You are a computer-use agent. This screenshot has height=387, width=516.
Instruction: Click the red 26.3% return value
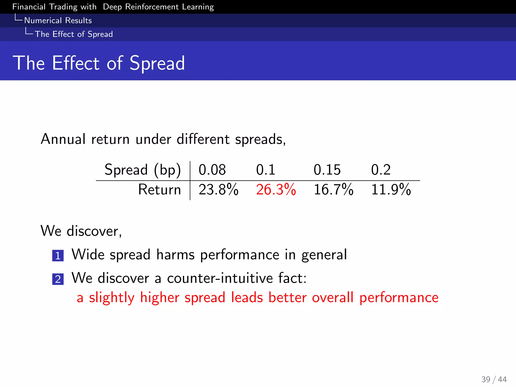(x=276, y=189)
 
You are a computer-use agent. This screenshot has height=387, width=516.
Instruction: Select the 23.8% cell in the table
(x=218, y=189)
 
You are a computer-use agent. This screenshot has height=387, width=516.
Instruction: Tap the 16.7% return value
(x=333, y=189)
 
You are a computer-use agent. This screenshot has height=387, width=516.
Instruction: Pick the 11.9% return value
(x=391, y=189)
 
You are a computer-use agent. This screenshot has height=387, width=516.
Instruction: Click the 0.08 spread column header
(x=212, y=170)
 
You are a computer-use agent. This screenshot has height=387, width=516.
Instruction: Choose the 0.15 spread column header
(x=327, y=170)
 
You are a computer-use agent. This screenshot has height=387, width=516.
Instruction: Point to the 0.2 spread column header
(x=381, y=170)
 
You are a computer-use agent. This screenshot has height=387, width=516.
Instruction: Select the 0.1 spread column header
(x=266, y=170)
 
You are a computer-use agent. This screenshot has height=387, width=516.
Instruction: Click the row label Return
(x=159, y=189)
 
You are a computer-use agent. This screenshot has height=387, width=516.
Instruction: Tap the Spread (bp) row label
(x=143, y=170)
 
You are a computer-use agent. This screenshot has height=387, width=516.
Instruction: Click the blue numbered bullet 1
(x=58, y=256)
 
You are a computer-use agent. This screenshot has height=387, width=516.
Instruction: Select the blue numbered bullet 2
(x=58, y=279)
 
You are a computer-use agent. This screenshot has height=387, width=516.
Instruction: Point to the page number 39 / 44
(x=494, y=379)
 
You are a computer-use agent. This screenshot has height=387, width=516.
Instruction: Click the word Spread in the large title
(x=157, y=63)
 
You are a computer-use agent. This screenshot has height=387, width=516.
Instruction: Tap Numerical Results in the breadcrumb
(x=58, y=20)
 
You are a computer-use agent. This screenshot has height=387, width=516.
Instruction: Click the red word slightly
(x=112, y=298)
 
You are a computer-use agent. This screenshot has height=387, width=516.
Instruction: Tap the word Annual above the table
(x=63, y=139)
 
